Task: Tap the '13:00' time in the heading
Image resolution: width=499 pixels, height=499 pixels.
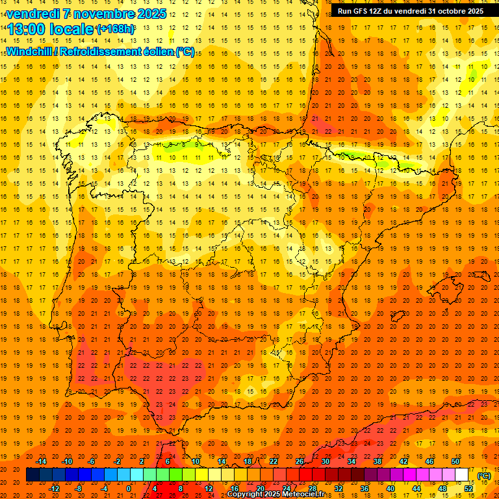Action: (29, 29)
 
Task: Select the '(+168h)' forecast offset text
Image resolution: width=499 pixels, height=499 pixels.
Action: (116, 29)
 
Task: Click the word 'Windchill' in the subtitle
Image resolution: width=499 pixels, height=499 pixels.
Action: (30, 51)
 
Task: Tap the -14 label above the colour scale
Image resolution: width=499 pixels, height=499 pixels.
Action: (42, 461)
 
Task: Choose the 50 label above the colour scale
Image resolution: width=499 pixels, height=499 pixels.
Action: (455, 461)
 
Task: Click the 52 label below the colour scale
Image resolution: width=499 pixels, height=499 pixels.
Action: (468, 489)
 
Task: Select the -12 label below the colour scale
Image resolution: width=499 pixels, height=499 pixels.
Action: (55, 489)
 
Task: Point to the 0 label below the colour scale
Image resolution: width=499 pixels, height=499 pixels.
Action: (129, 489)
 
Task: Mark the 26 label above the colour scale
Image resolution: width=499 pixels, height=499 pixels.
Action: (299, 461)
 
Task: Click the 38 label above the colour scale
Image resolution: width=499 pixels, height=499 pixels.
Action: (377, 461)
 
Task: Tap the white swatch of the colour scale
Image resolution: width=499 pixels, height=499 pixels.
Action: (462, 475)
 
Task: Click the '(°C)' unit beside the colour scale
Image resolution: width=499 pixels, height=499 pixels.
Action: (483, 475)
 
